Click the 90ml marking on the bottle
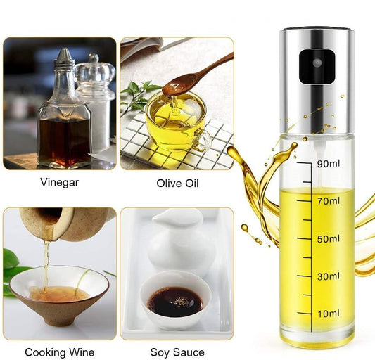pyautogui.click(x=329, y=164)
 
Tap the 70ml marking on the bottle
pyautogui.click(x=329, y=201)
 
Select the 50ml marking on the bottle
pyautogui.click(x=329, y=239)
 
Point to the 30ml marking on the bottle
pyautogui.click(x=329, y=276)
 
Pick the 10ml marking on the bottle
pyautogui.click(x=329, y=314)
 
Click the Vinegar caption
pyautogui.click(x=60, y=183)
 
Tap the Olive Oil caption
pyautogui.click(x=177, y=184)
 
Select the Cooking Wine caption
pyautogui.click(x=60, y=352)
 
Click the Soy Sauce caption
pyautogui.click(x=177, y=352)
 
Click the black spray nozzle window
pyautogui.click(x=317, y=67)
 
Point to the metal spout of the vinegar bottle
pyautogui.click(x=64, y=58)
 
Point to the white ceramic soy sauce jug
pyautogui.click(x=178, y=241)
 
